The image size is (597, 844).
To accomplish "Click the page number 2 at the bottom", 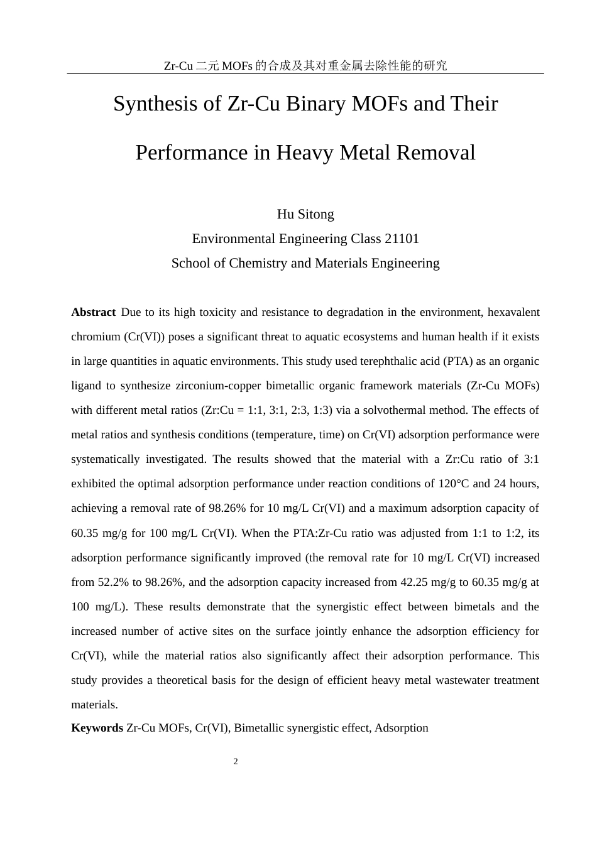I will tap(236, 762).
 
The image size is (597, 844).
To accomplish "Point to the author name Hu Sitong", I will tap(305, 214).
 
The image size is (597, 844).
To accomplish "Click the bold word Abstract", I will tap(93, 312).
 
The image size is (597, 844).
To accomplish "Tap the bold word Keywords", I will tap(97, 728).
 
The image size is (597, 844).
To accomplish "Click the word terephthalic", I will tap(353, 361).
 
